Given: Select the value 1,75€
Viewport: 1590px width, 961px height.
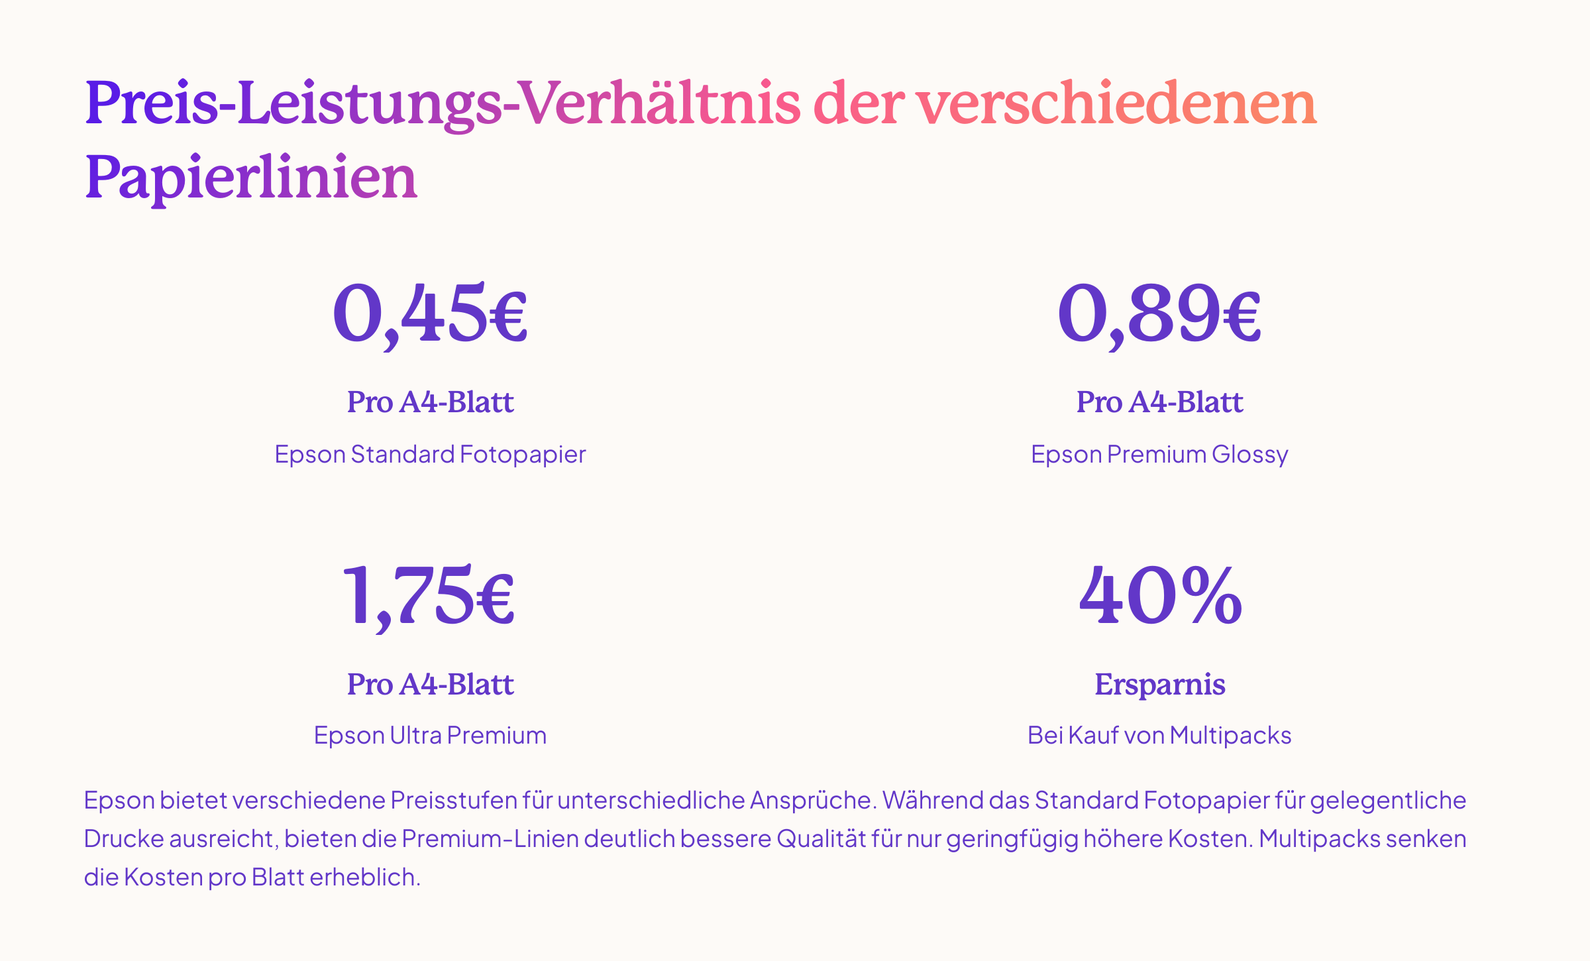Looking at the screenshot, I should [x=429, y=594].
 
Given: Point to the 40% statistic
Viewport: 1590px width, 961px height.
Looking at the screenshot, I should [x=1160, y=594].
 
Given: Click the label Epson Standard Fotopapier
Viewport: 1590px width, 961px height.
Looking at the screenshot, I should [x=430, y=455].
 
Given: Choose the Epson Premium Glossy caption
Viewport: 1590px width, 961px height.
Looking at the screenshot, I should [x=1159, y=455].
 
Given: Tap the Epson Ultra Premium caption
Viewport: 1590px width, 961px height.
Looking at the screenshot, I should [x=430, y=736].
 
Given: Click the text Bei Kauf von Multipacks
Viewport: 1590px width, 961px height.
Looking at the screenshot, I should [x=1159, y=736].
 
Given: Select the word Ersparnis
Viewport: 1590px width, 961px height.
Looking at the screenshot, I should [x=1159, y=685].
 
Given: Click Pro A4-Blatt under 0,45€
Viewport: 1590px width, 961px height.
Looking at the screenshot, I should [x=430, y=402].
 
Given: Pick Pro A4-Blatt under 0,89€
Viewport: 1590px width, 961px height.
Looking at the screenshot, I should [x=1159, y=402].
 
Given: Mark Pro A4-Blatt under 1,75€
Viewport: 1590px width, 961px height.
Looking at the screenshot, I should [x=430, y=685].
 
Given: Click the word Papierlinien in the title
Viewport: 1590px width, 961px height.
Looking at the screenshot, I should [x=251, y=178].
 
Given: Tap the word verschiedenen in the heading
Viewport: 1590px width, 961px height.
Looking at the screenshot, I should [x=1116, y=104].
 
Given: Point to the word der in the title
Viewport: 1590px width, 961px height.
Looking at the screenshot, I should [x=858, y=104].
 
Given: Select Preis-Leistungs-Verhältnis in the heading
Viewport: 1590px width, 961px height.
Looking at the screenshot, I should [x=443, y=104].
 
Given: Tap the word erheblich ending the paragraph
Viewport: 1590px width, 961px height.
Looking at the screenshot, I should [x=364, y=877].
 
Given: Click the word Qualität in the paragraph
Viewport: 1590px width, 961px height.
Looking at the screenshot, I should [x=821, y=839].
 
